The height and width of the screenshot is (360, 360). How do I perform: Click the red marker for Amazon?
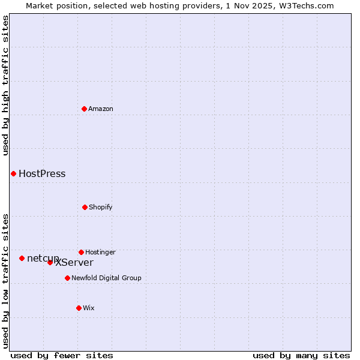coord(84,109)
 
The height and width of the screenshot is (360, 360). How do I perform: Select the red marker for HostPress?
coord(13,173)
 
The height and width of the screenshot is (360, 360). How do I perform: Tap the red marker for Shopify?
coord(85,207)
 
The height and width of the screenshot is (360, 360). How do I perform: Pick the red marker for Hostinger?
coord(81,252)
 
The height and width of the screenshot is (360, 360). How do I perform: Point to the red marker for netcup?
coord(22,258)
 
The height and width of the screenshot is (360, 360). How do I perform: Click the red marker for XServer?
coord(50,262)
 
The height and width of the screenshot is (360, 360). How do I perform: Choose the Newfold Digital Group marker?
coord(67,278)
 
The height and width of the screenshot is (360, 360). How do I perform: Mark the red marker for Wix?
coord(79,308)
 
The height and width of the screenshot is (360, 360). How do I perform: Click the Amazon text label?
coord(101,109)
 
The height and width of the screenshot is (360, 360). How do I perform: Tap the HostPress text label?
coord(42,174)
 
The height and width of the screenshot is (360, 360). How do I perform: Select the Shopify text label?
coord(101,207)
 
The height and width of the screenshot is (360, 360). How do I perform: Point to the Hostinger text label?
coord(100,252)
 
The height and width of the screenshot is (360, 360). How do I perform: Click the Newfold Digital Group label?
coord(106,278)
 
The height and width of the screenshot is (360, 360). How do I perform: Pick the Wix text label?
coord(89,308)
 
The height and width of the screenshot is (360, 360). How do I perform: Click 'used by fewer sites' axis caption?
coord(62,355)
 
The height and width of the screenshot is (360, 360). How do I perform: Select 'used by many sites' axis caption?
coord(301,355)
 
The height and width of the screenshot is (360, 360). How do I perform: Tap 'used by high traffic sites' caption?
coord(5,85)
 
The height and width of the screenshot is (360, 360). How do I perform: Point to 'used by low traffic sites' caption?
coord(5,280)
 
